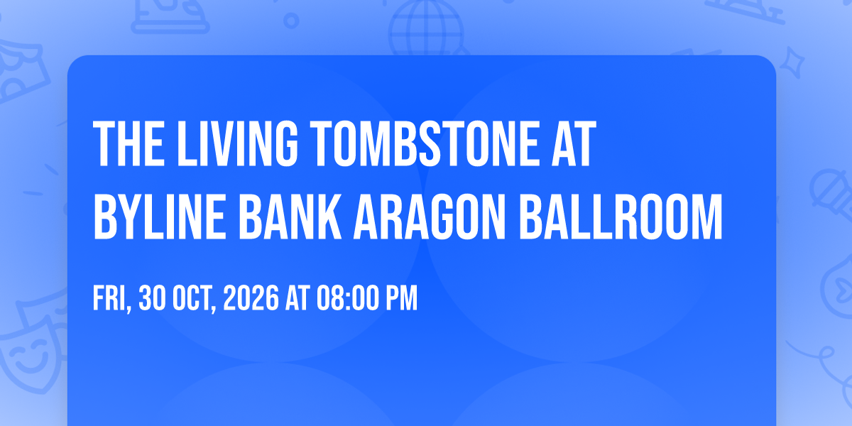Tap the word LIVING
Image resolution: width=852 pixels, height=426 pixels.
[x=237, y=143]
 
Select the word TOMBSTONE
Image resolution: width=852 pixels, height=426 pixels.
[x=424, y=143]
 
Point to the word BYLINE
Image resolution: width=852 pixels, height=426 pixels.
[x=159, y=217]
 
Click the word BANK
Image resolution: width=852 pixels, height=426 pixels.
[x=290, y=217]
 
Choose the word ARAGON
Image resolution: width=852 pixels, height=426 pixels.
[x=430, y=217]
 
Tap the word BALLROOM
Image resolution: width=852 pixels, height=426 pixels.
[x=621, y=217]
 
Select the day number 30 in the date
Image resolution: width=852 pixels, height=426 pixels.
[x=152, y=297]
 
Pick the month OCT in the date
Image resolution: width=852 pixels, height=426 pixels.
[x=194, y=298]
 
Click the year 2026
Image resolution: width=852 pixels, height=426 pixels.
[x=251, y=297]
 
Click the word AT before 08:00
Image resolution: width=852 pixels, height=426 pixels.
[x=297, y=297]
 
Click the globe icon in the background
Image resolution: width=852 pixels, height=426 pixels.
[x=426, y=28]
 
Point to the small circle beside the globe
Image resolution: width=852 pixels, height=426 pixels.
[x=291, y=21]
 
